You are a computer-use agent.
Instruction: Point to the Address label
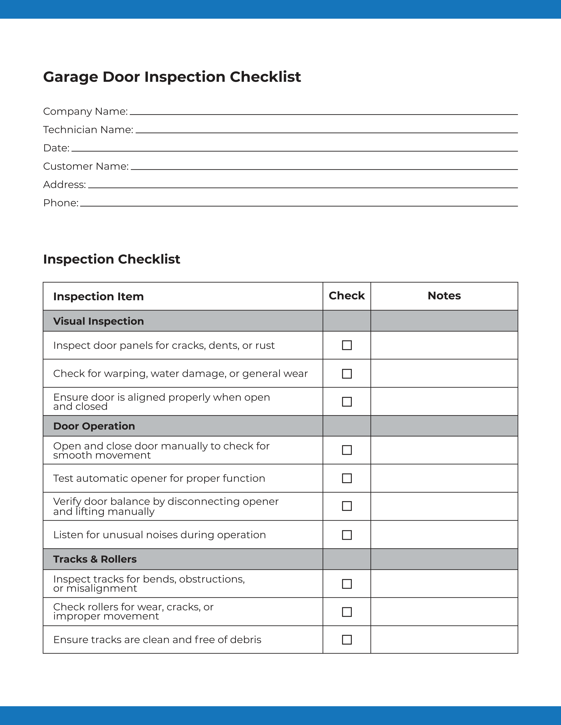(x=64, y=185)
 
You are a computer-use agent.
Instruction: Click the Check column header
(x=347, y=296)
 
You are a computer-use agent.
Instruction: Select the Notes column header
(x=444, y=296)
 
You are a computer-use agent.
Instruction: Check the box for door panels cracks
(x=347, y=345)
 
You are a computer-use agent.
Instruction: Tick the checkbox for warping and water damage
(x=347, y=374)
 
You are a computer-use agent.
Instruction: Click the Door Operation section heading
(x=94, y=426)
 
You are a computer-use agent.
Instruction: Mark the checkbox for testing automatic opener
(x=347, y=478)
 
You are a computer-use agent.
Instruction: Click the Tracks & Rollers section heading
(x=95, y=559)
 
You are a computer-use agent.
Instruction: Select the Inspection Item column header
(x=98, y=296)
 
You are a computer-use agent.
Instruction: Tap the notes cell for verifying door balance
(x=444, y=506)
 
